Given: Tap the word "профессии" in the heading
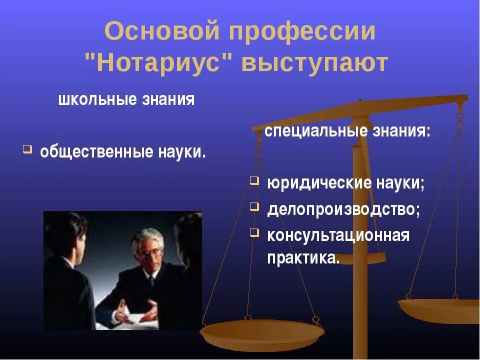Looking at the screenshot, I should (302, 32).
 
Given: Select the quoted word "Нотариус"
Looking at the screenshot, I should (159, 63).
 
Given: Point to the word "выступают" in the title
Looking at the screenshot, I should (315, 63).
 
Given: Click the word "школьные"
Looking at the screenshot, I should (90, 99).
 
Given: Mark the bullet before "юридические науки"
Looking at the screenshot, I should (254, 180).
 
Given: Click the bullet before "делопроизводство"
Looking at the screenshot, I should (254, 206).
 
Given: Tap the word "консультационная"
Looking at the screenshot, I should (338, 235).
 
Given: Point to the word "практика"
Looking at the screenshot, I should (303, 258).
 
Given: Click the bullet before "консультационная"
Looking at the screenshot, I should (254, 232).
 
